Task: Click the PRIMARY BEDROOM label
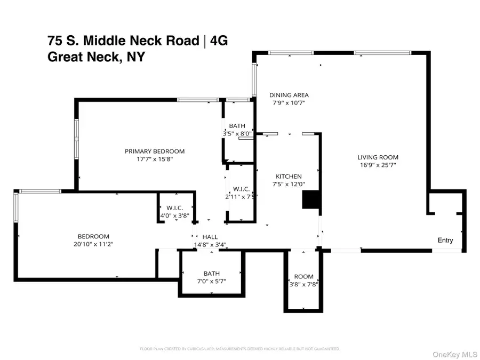tap(155, 151)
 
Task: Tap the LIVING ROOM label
tap(378, 157)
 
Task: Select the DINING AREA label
tap(289, 95)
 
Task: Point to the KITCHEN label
tap(289, 177)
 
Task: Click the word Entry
tap(445, 240)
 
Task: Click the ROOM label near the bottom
tap(304, 276)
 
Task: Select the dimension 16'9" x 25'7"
tap(378, 165)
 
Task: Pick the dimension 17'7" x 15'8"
tap(155, 159)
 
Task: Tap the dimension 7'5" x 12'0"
tap(289, 185)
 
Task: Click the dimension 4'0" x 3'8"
tap(175, 215)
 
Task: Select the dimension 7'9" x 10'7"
tap(289, 103)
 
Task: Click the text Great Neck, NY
tap(96, 57)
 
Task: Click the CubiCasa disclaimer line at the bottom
tap(239, 349)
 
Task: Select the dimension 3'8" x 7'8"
tap(304, 284)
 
